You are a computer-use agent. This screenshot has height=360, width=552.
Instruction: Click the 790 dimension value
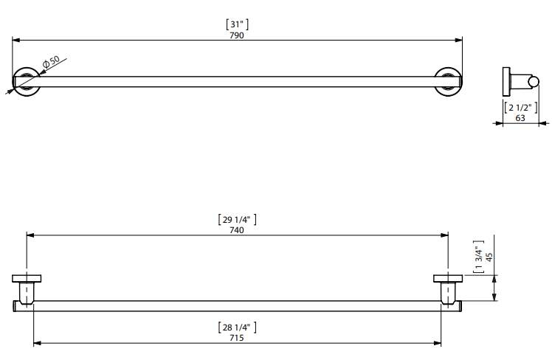pos(237,35)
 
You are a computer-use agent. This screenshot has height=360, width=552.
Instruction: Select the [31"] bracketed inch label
pos(237,24)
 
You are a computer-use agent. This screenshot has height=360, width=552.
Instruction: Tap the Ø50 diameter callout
pos(51,61)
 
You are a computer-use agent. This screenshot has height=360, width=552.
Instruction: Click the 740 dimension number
pos(237,230)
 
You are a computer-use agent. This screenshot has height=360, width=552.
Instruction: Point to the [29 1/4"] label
pos(237,220)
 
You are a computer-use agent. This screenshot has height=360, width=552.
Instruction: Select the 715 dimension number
pos(237,338)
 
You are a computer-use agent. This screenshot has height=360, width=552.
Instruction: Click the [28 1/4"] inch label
pos(237,328)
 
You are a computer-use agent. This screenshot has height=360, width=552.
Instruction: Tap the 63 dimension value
pos(520,118)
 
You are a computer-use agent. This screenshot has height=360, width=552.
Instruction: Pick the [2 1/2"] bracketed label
pos(521,108)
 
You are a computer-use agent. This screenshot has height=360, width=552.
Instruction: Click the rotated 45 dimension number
pos(489,257)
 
